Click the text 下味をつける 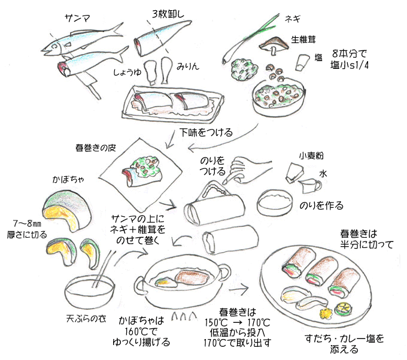click(206, 132)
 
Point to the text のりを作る click(321, 205)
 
